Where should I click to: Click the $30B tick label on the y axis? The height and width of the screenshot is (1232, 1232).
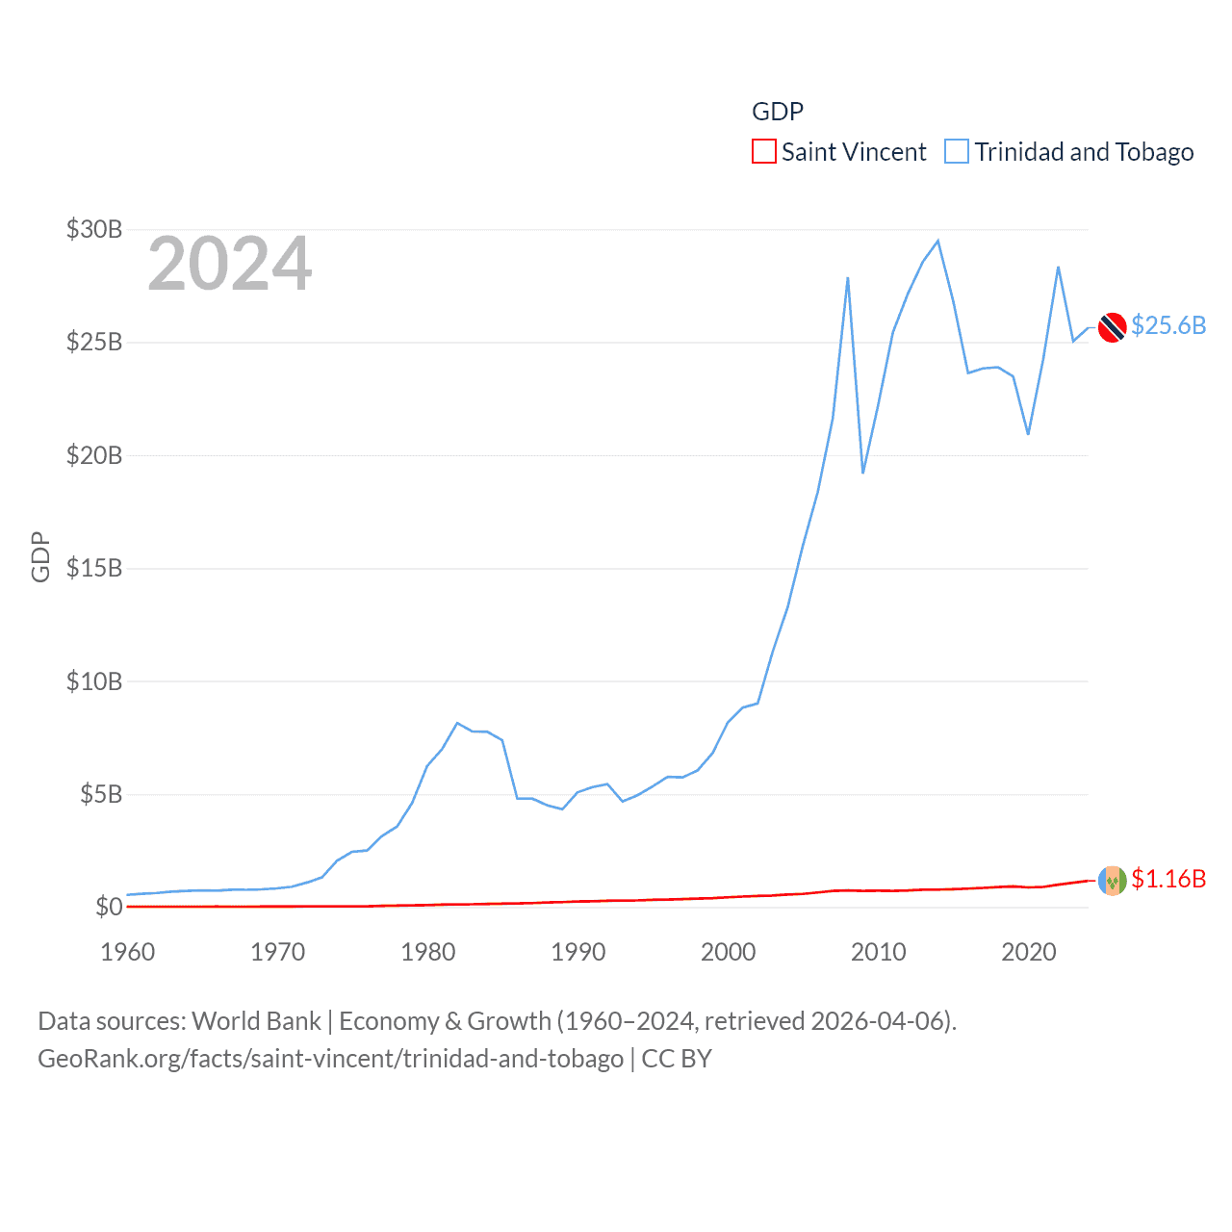tap(94, 229)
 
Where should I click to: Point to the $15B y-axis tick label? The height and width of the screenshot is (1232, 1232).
tap(94, 568)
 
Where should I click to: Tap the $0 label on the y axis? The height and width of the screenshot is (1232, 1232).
tap(109, 907)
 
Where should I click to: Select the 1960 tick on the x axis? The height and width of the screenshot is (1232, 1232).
tap(128, 952)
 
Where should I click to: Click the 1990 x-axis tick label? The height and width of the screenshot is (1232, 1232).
tap(578, 952)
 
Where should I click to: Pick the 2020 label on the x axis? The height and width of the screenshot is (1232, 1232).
tap(1029, 952)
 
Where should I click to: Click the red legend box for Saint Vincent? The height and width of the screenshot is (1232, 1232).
tap(764, 152)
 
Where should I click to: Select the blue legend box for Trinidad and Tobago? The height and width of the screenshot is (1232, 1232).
tap(957, 152)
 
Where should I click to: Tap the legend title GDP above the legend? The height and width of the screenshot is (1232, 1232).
tap(778, 112)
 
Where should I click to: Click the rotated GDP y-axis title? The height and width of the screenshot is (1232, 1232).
tap(40, 556)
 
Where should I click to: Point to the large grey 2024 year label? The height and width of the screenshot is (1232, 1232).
tap(230, 264)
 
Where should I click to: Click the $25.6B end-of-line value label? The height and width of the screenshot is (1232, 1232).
tap(1168, 325)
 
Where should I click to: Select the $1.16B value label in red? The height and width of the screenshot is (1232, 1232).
tap(1168, 879)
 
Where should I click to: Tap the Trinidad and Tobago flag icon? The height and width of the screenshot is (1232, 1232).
tap(1113, 327)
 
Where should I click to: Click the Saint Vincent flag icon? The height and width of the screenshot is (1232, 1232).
tap(1113, 880)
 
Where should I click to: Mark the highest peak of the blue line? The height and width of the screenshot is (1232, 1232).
tap(937, 241)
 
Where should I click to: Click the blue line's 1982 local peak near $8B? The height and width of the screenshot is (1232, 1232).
tap(457, 723)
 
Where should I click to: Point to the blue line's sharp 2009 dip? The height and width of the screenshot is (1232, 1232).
tap(863, 473)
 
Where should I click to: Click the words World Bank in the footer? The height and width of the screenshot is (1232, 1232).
tap(257, 1021)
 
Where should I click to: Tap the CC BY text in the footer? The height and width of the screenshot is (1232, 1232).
tap(677, 1059)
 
